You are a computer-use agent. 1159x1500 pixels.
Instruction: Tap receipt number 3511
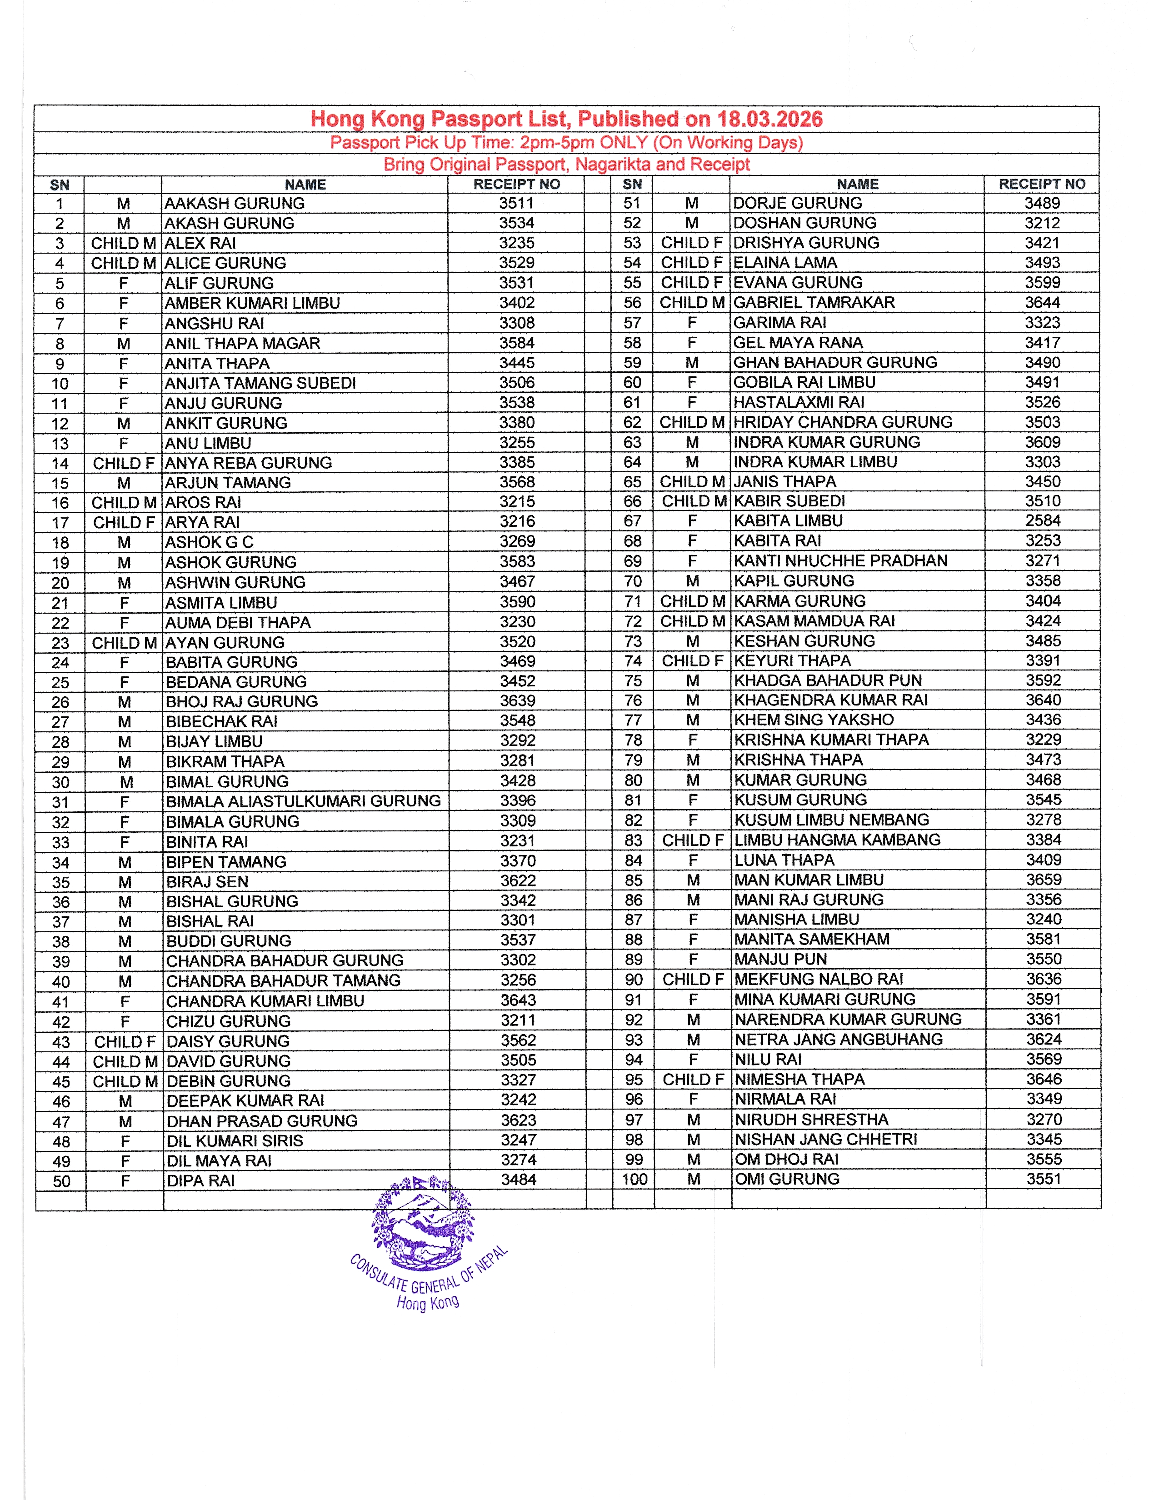[x=516, y=203]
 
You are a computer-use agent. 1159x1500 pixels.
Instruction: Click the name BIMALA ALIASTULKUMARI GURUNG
[x=304, y=801]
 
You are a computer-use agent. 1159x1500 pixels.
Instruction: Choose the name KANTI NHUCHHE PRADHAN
[x=840, y=561]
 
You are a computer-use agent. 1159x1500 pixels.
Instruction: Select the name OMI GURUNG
[x=787, y=1179]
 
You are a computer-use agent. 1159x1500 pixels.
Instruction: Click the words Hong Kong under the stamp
[x=428, y=1302]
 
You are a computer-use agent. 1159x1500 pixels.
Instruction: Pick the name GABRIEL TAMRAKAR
[x=814, y=303]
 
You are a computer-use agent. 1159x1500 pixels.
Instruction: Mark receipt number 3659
[x=1044, y=880]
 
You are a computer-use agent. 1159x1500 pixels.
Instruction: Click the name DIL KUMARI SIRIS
[x=234, y=1141]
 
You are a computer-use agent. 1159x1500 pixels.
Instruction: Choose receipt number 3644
[x=1042, y=303]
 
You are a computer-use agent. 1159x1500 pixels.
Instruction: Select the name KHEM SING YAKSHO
[x=814, y=720]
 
